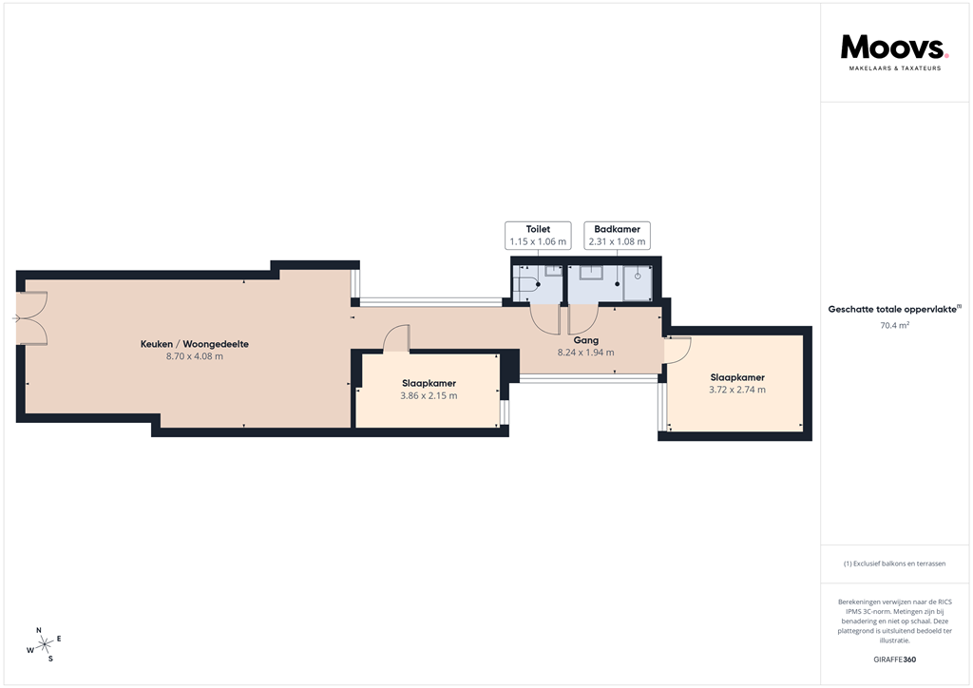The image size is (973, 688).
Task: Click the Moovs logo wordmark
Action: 894,48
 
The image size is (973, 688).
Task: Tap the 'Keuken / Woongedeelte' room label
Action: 195,344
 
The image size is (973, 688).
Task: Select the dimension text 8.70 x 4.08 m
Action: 195,357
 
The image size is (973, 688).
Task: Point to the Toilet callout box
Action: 537,236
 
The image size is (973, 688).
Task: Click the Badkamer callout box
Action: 617,236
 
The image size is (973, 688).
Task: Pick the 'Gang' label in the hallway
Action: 585,339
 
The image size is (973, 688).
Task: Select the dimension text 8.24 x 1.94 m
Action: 585,353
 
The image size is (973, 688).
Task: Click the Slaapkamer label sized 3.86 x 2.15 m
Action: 428,383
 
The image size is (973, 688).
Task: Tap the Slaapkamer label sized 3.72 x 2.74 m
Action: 736,377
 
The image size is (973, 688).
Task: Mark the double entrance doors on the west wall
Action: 32,318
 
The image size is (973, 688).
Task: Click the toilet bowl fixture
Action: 524,284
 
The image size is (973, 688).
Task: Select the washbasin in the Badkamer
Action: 591,272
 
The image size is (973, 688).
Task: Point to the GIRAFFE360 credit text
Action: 894,659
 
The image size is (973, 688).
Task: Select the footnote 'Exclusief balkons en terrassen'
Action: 894,564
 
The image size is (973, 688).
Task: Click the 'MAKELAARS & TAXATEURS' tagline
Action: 894,68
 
